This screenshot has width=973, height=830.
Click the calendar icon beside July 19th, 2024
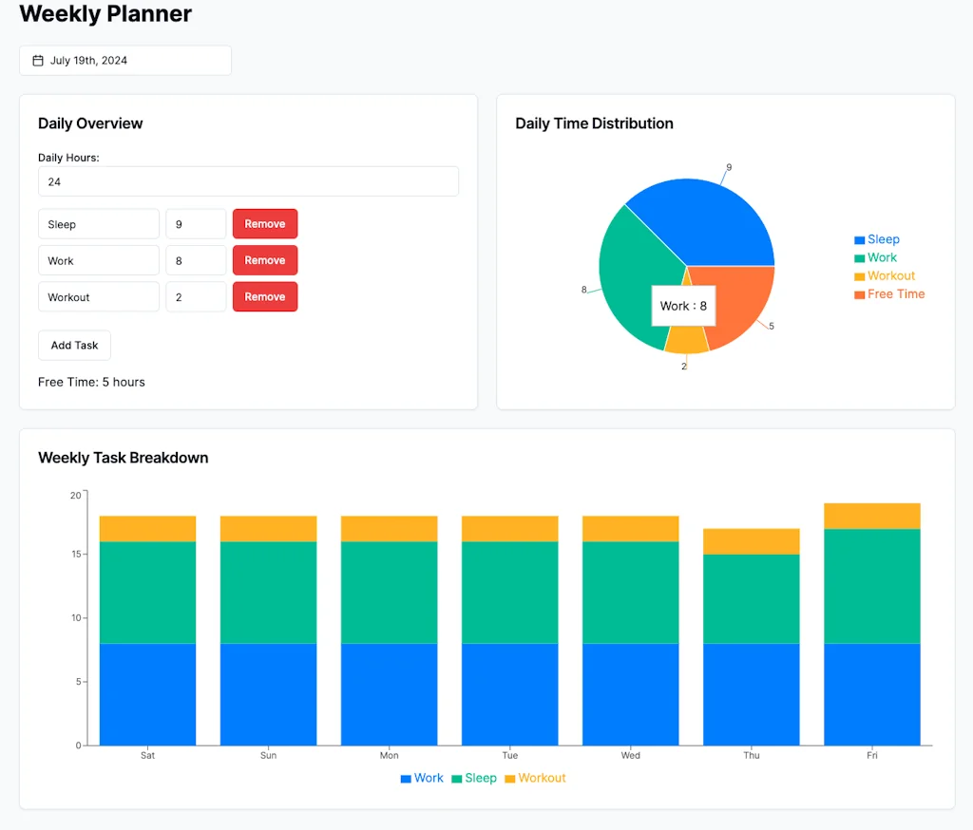pyautogui.click(x=38, y=61)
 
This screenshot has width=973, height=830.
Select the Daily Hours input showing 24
pyautogui.click(x=248, y=181)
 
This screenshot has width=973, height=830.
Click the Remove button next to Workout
pyautogui.click(x=265, y=296)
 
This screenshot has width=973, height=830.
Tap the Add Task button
pyautogui.click(x=74, y=346)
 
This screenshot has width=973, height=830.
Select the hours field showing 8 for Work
pyautogui.click(x=196, y=260)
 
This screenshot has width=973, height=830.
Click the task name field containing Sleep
pyautogui.click(x=99, y=224)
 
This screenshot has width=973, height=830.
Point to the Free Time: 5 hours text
pyautogui.click(x=91, y=382)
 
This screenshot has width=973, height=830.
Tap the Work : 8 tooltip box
pyautogui.click(x=683, y=306)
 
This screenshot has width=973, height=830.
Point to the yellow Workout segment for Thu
pyautogui.click(x=752, y=541)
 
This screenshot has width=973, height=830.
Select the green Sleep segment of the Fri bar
pyautogui.click(x=872, y=586)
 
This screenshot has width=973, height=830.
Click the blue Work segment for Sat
pyautogui.click(x=147, y=694)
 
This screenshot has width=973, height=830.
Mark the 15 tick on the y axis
pyautogui.click(x=75, y=554)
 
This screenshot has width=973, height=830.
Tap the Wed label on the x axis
pyautogui.click(x=631, y=756)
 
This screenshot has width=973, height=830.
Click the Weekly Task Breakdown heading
pyautogui.click(x=123, y=458)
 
